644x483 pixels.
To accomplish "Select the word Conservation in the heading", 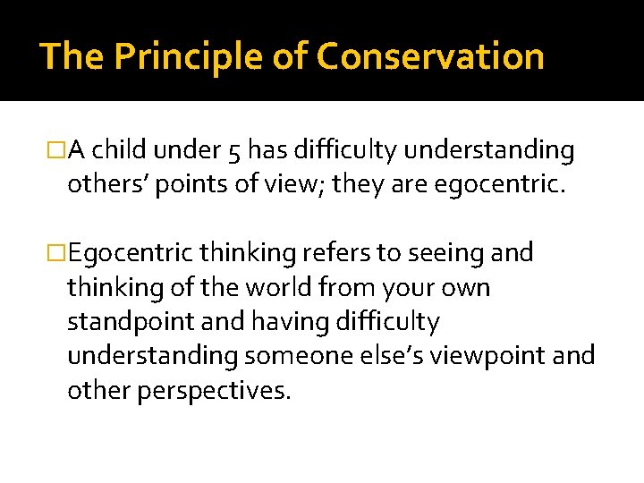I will [x=430, y=56].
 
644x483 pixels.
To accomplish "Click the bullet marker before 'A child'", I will [x=58, y=151].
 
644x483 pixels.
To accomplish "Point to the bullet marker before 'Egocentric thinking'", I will [x=58, y=253].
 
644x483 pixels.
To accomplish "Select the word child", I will [x=121, y=151].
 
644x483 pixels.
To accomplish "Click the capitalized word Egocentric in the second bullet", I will [x=131, y=254].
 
